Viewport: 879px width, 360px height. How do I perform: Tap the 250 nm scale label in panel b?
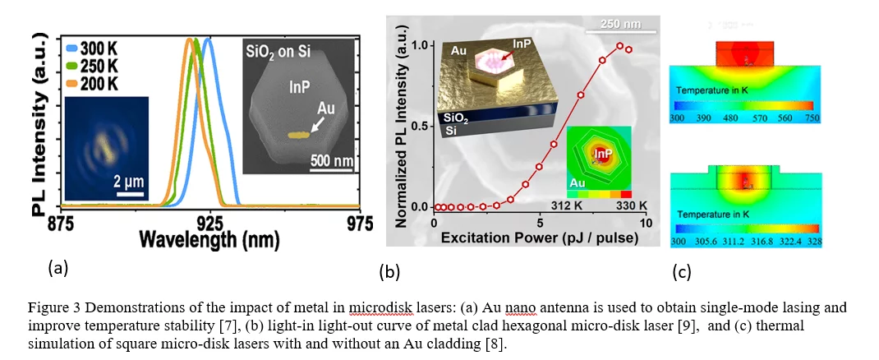621,24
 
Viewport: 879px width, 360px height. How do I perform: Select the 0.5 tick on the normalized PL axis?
421,126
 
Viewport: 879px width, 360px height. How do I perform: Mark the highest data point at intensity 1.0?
620,46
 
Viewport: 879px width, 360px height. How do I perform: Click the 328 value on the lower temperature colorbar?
813,242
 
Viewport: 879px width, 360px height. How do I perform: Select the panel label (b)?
389,270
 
